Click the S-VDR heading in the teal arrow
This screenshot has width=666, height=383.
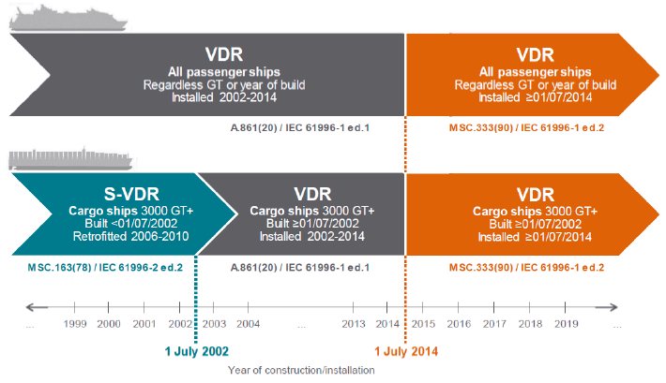click(x=131, y=194)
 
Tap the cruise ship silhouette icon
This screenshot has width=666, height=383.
click(x=68, y=18)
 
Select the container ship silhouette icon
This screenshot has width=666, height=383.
click(x=70, y=159)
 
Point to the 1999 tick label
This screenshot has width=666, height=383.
click(x=75, y=324)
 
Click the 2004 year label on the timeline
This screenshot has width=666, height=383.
click(x=248, y=324)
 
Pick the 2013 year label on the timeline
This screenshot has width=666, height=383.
click(x=354, y=324)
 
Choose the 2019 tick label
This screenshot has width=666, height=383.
click(x=567, y=324)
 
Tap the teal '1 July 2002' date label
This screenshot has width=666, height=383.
click(x=197, y=351)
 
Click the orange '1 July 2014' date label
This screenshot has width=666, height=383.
click(x=406, y=351)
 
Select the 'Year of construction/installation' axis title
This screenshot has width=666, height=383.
click(x=301, y=370)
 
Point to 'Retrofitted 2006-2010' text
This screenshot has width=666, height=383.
click(x=130, y=236)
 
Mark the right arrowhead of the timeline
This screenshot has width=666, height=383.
click(x=613, y=307)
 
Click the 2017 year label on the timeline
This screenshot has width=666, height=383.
click(x=494, y=324)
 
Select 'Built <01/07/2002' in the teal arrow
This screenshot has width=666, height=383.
click(x=130, y=224)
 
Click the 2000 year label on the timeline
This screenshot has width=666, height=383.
click(x=109, y=324)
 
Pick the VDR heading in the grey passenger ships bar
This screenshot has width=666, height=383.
click(x=224, y=54)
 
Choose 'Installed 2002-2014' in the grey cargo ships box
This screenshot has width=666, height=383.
click(x=312, y=236)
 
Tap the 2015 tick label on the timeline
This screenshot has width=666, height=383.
click(x=423, y=324)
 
